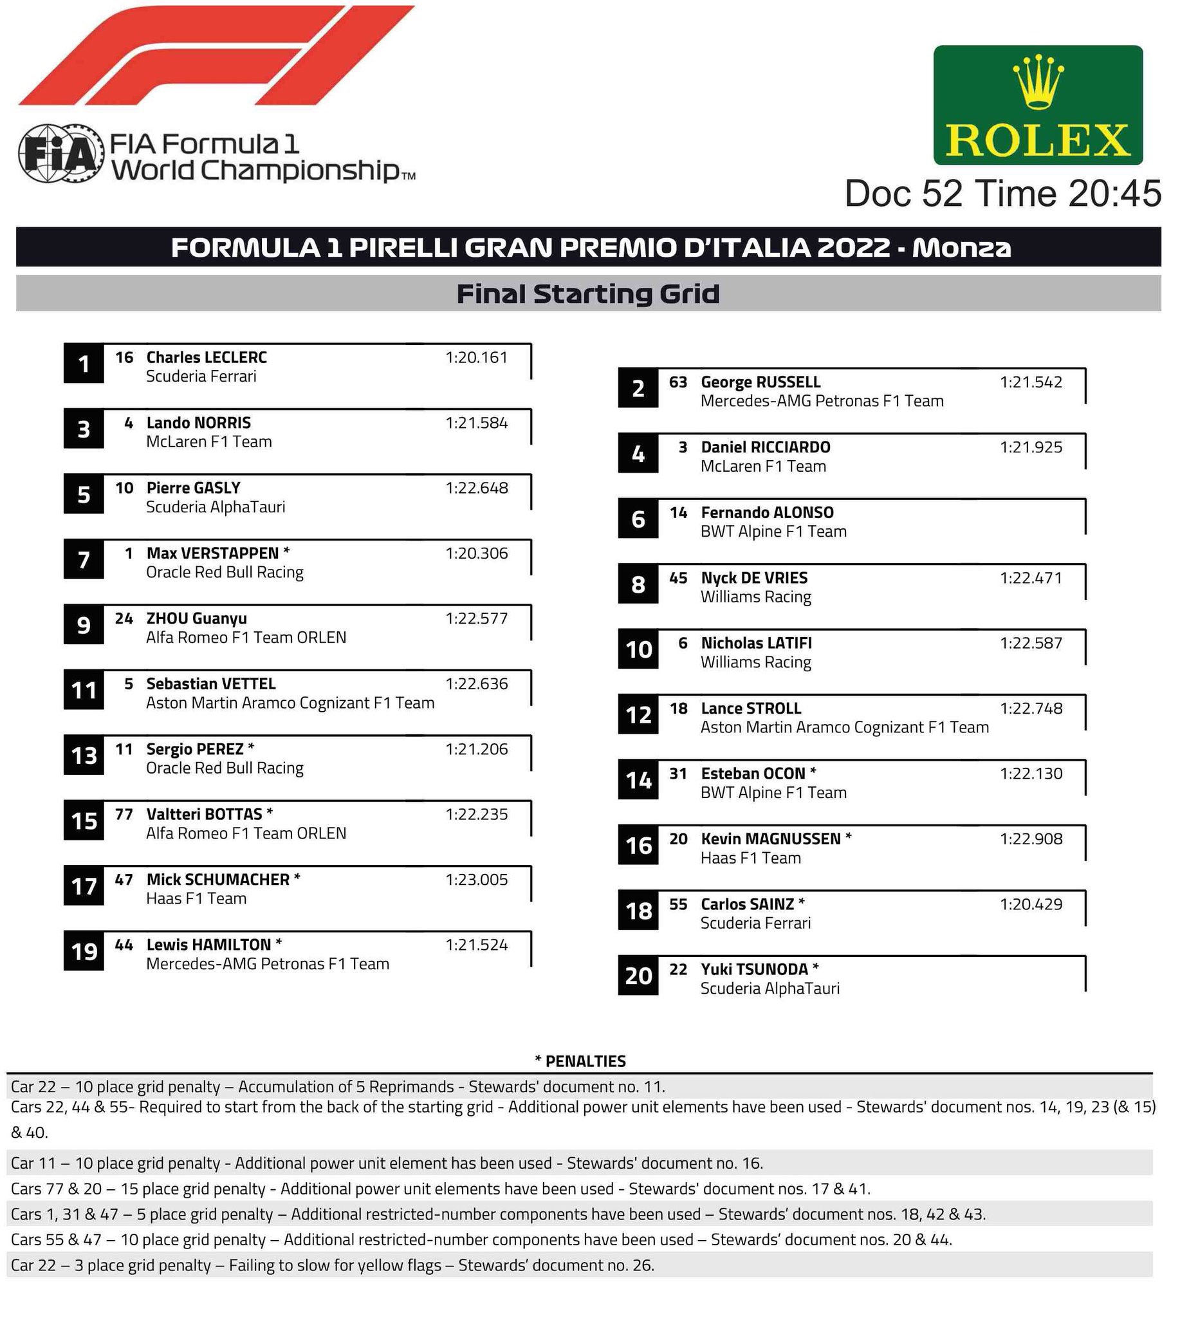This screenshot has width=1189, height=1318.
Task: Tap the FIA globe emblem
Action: click(60, 154)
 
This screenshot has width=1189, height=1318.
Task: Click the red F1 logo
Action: click(216, 55)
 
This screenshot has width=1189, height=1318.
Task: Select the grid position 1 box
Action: click(84, 364)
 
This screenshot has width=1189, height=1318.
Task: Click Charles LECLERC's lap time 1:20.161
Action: click(476, 357)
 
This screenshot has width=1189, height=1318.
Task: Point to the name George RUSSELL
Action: click(760, 382)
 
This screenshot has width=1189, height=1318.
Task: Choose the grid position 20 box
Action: click(638, 976)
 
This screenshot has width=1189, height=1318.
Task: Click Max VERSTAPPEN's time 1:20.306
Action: click(476, 553)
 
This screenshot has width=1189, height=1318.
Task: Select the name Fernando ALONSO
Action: click(767, 513)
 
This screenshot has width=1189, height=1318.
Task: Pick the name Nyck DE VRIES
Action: click(754, 579)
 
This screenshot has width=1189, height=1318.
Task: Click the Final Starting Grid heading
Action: click(588, 293)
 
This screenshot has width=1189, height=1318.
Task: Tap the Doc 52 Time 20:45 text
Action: click(1002, 194)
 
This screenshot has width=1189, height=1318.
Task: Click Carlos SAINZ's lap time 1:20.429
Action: click(1031, 904)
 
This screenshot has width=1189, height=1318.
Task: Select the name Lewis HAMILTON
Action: click(208, 945)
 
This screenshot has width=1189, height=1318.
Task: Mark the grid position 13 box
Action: click(84, 756)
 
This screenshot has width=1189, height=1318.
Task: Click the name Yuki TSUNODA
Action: click(755, 970)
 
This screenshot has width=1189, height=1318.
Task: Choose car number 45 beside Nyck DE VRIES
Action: click(678, 579)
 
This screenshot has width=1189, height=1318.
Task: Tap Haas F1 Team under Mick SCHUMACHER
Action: click(196, 899)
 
